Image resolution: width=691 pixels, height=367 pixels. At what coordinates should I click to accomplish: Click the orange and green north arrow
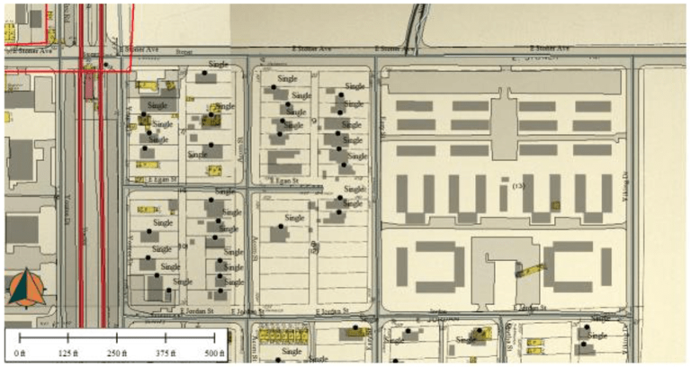[27, 287]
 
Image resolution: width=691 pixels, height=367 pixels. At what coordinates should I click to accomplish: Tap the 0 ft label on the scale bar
[21, 354]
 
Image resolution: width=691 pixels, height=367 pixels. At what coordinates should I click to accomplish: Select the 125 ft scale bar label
[68, 354]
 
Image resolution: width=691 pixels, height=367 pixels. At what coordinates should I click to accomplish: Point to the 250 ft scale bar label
[116, 354]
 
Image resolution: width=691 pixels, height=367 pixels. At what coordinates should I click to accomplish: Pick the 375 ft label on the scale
[165, 354]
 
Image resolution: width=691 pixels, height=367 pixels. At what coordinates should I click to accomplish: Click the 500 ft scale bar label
[212, 354]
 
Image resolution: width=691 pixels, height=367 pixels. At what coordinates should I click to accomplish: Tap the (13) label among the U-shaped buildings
[517, 186]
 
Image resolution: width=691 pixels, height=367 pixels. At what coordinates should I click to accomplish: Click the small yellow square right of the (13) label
[556, 205]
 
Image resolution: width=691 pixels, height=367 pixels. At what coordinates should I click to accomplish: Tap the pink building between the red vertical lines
[90, 86]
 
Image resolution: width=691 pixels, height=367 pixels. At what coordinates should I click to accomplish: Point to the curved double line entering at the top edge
[416, 22]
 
